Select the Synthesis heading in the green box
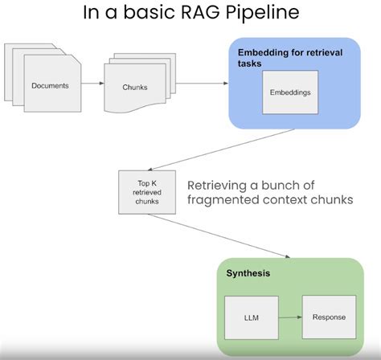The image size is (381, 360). pyautogui.click(x=248, y=273)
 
